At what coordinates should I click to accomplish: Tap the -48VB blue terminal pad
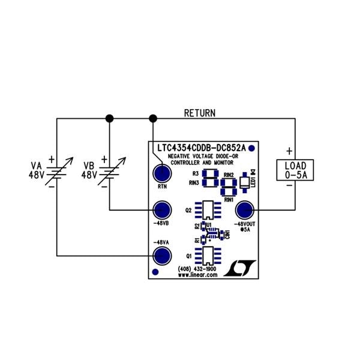(x=161, y=210)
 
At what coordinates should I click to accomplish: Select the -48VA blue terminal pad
(x=161, y=256)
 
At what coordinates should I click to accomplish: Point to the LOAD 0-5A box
(x=295, y=170)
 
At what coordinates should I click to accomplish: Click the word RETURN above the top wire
(x=199, y=113)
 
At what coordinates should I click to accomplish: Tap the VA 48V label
(x=37, y=170)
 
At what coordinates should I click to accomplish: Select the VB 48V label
(x=89, y=170)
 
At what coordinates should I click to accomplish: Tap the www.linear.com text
(x=197, y=275)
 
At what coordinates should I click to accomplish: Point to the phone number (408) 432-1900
(x=197, y=269)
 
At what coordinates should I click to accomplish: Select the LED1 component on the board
(x=245, y=182)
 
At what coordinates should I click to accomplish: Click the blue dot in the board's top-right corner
(x=252, y=148)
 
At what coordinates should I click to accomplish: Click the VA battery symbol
(x=57, y=173)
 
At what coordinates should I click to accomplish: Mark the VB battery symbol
(x=109, y=173)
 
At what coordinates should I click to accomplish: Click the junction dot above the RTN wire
(x=152, y=118)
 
